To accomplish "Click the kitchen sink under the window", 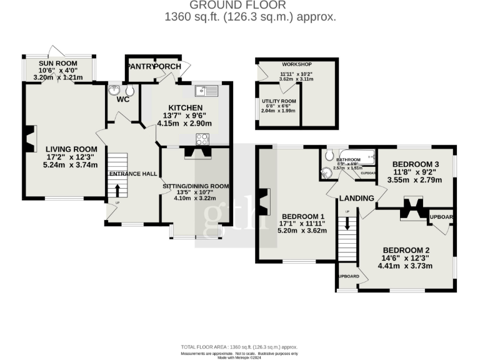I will pos(206,92).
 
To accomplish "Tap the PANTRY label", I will pos(139,67).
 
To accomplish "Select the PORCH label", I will pos(167,67).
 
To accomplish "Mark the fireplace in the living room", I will pos(29,139).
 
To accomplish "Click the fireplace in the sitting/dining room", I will pos(196,152).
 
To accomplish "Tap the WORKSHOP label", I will pos(296,64).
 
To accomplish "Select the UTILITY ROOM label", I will pos(279,101).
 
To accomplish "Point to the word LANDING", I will pos(356,198).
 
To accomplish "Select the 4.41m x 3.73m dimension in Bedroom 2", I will pos(404,266).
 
